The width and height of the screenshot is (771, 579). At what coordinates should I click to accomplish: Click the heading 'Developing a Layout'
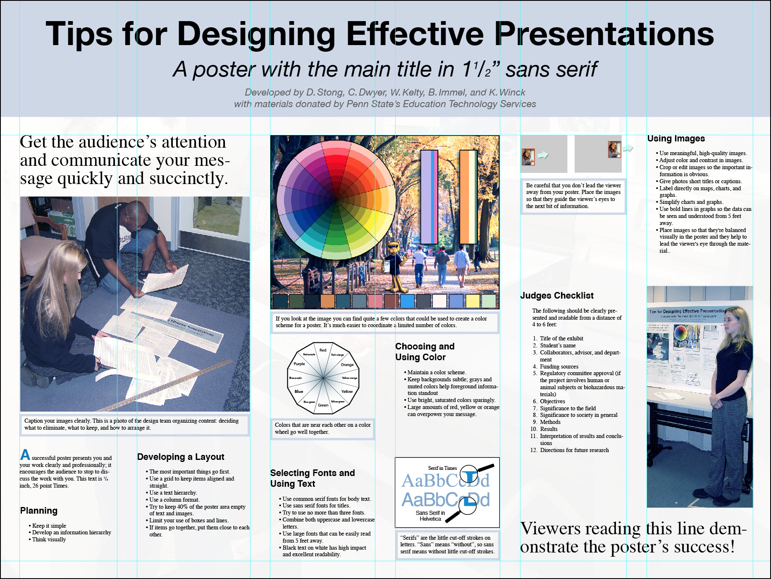pyautogui.click(x=181, y=457)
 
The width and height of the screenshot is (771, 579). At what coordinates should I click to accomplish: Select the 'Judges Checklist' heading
pyautogui.click(x=556, y=296)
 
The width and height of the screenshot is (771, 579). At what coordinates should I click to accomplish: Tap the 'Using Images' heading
pyautogui.click(x=676, y=139)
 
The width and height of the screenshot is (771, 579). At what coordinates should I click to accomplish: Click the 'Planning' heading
pyautogui.click(x=39, y=511)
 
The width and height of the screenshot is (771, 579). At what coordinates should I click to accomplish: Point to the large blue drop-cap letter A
pyautogui.click(x=25, y=455)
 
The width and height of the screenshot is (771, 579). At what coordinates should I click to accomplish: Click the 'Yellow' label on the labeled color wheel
pyautogui.click(x=347, y=391)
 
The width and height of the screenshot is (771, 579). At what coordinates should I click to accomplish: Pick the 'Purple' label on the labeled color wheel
pyautogui.click(x=299, y=364)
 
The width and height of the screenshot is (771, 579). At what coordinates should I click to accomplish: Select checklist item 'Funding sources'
pyautogui.click(x=559, y=366)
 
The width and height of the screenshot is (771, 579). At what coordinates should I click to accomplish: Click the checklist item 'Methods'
pyautogui.click(x=550, y=422)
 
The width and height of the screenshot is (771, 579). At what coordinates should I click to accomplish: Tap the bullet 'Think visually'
pyautogui.click(x=49, y=539)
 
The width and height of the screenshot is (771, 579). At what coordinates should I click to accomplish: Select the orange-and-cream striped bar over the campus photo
pyautogui.click(x=468, y=197)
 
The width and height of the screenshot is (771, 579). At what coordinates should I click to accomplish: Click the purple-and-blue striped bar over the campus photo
pyautogui.click(x=429, y=197)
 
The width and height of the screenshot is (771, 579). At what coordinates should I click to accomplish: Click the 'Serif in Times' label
pyautogui.click(x=442, y=468)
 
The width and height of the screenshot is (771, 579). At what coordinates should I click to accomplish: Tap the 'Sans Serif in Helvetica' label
pyautogui.click(x=430, y=516)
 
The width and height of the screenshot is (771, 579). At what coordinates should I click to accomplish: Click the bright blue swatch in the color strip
pyautogui.click(x=407, y=301)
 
